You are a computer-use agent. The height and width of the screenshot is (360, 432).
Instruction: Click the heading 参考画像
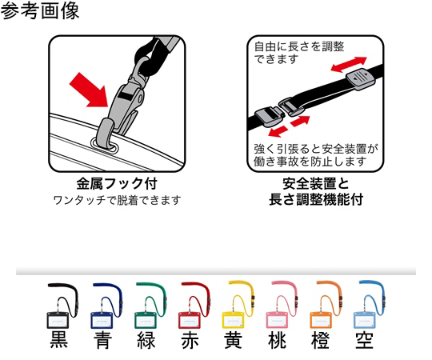(40, 10)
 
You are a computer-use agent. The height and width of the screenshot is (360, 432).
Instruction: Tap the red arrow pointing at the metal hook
(90, 90)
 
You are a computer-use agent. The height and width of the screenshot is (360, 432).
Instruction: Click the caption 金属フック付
(117, 184)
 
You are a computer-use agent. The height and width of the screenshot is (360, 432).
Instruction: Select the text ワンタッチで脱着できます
(117, 200)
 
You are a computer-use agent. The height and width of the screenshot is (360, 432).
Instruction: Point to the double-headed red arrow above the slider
(349, 65)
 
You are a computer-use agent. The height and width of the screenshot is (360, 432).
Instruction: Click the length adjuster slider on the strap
(361, 79)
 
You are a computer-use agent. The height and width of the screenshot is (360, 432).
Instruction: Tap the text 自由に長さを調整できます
(299, 53)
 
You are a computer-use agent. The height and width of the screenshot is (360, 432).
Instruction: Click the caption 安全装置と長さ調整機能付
(316, 192)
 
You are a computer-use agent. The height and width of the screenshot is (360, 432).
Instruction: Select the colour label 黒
(59, 340)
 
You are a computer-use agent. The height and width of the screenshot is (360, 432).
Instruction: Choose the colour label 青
(102, 340)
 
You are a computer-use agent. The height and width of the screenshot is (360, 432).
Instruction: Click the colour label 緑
(146, 340)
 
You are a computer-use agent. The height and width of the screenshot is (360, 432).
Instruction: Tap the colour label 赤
(190, 340)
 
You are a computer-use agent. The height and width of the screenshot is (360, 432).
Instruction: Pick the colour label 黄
(233, 340)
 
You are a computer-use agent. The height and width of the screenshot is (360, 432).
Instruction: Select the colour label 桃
(277, 340)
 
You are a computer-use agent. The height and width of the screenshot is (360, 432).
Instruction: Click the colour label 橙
(320, 340)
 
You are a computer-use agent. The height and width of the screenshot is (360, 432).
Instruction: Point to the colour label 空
(364, 340)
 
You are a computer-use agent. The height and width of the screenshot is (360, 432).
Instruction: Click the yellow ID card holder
(233, 320)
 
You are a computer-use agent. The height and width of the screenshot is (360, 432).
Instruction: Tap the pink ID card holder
(277, 320)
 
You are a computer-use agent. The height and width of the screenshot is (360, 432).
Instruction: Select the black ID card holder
(58, 320)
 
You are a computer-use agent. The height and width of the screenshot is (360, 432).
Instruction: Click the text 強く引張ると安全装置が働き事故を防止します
(316, 155)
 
